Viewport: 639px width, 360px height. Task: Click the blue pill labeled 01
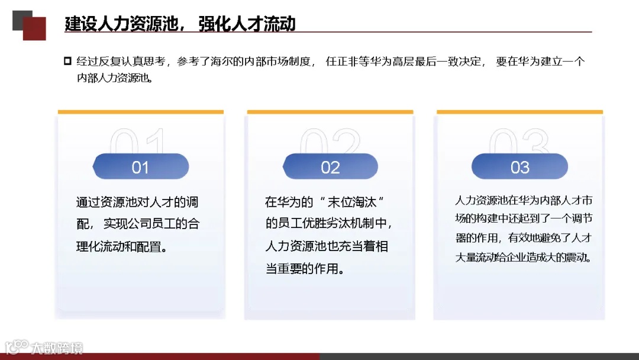(140, 166)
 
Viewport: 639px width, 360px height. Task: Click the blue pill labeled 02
(330, 166)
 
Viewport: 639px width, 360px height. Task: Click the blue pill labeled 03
(519, 166)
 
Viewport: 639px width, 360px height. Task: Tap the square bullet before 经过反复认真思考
(67, 61)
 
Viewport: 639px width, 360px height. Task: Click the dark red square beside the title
(34, 28)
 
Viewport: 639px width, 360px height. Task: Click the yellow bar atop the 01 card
(141, 112)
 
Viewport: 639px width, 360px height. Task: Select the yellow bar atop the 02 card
(330, 112)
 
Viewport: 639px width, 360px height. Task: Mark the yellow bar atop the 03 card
(519, 112)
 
